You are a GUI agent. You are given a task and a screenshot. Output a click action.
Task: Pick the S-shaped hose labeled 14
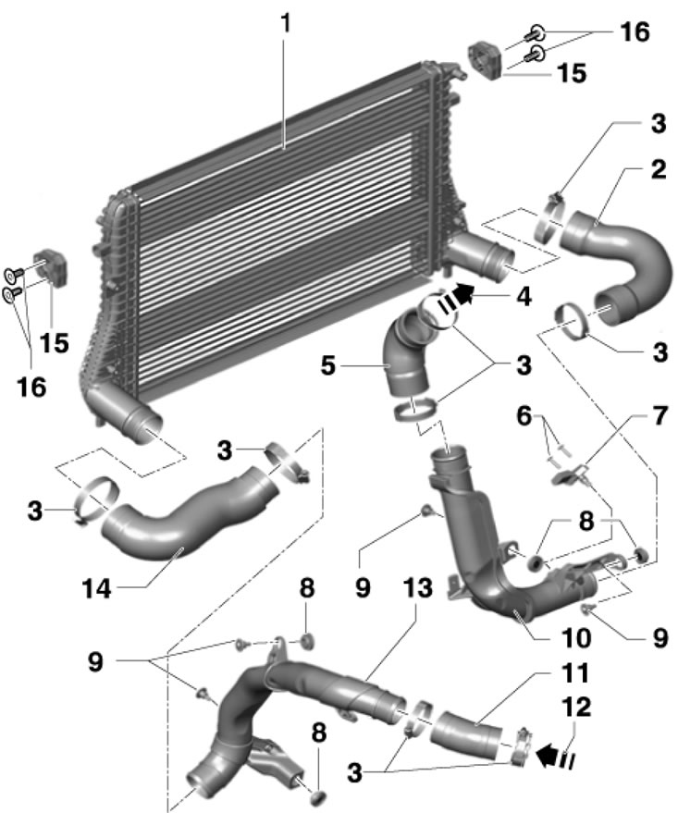click(185, 518)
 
